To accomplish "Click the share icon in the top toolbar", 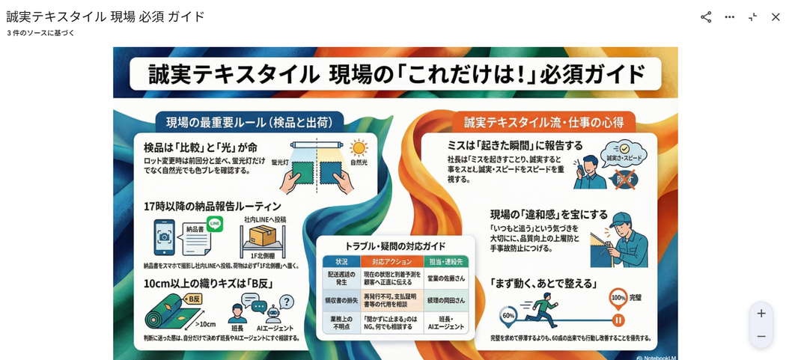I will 706,16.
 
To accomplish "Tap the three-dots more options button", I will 730,16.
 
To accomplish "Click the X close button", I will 776,16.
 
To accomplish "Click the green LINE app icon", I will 215,223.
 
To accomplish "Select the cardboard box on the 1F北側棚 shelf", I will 264,236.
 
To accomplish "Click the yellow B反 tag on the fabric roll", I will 192,299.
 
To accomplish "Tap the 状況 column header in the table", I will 341,262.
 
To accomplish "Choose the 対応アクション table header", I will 392,262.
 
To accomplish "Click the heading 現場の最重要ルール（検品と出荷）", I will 249,122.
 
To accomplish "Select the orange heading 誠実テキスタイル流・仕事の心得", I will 543,122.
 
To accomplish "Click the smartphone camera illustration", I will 164,237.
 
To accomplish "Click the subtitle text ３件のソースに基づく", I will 41,33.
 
